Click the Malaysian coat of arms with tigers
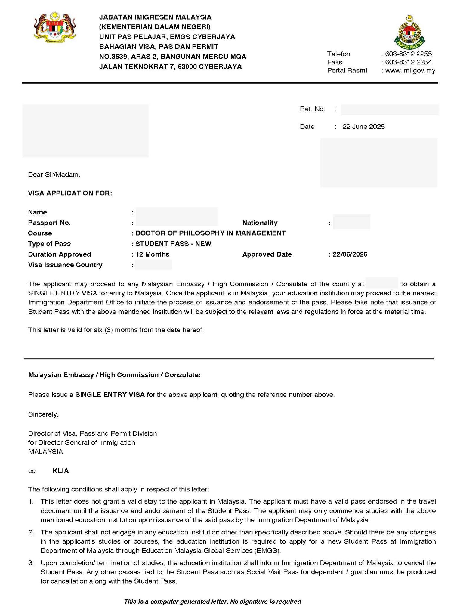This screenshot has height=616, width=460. click(54, 27)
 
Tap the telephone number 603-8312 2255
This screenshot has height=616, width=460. click(408, 54)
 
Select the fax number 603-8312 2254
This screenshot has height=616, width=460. click(408, 62)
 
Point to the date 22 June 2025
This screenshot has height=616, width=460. click(363, 127)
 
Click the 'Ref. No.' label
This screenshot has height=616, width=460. click(312, 109)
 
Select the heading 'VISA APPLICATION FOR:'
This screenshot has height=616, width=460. click(70, 193)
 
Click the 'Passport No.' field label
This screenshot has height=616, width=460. click(49, 223)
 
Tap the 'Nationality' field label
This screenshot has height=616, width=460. click(260, 223)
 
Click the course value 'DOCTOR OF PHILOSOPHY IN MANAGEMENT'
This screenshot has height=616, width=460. click(211, 233)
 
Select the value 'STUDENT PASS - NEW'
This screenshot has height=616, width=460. click(173, 244)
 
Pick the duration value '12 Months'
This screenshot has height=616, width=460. click(152, 254)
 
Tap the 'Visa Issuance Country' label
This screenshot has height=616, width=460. click(65, 265)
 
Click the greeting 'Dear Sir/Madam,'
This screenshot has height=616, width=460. click(54, 174)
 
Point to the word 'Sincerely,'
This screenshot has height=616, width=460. click(43, 414)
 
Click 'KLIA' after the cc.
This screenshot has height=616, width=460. click(61, 471)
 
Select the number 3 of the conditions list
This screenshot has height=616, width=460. click(31, 563)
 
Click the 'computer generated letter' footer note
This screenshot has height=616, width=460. click(212, 602)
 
